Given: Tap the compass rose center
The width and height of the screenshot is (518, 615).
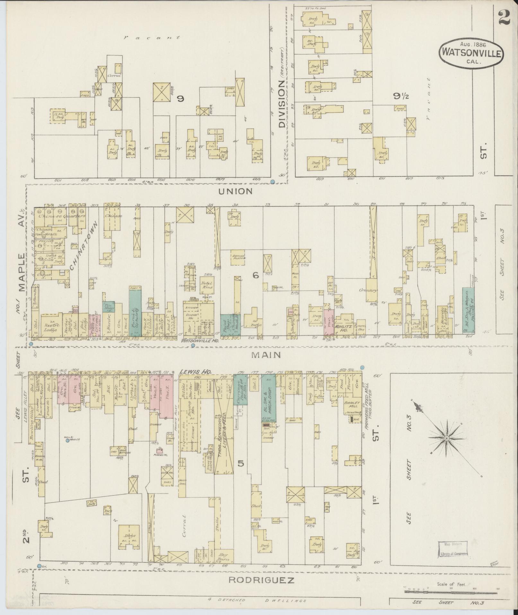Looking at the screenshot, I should pyautogui.click(x=446, y=439).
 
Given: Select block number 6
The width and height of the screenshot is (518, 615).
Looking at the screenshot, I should pyautogui.click(x=256, y=275).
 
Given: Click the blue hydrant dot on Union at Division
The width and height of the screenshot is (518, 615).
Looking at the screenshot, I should pyautogui.click(x=273, y=182).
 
